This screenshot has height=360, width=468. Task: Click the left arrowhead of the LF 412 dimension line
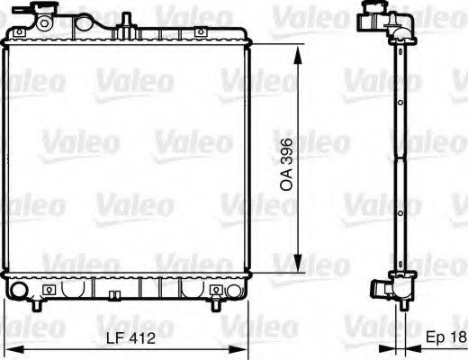pyautogui.click(x=8, y=349)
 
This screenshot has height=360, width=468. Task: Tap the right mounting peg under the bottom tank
pyautogui.click(x=217, y=307)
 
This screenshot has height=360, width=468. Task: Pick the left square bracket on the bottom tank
pyautogui.click(x=48, y=290)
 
